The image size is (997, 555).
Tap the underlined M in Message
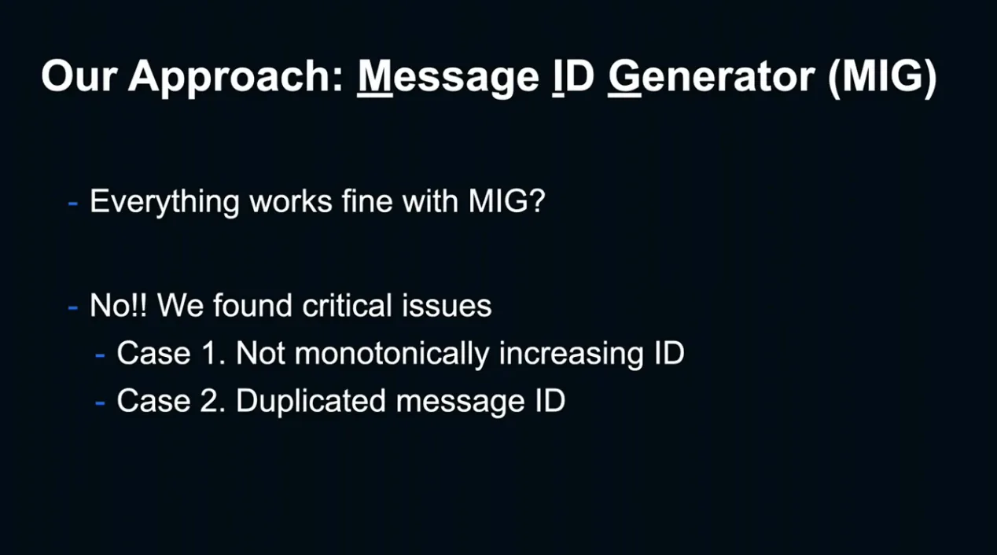click(375, 75)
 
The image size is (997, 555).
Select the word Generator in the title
click(712, 76)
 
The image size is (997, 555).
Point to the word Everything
click(165, 202)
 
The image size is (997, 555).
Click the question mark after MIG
click(536, 200)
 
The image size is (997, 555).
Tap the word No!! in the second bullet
click(119, 305)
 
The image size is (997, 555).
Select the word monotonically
click(392, 354)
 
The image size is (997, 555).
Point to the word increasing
click(571, 355)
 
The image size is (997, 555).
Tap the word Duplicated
click(311, 401)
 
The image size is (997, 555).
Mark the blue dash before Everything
click(73, 204)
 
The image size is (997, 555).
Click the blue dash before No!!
click(73, 307)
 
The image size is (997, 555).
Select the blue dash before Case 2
click(100, 403)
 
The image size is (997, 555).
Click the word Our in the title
click(79, 76)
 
